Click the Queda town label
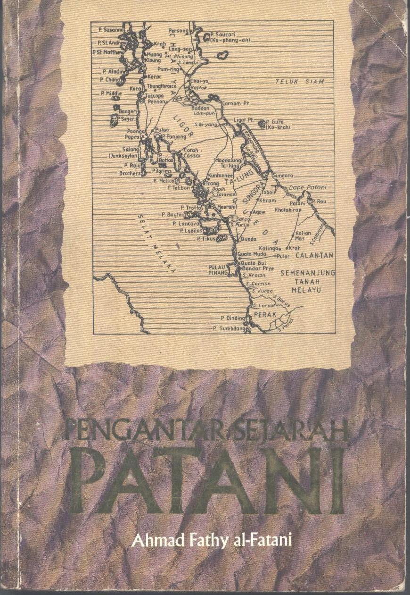tap(248, 239)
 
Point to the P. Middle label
tap(111, 93)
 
